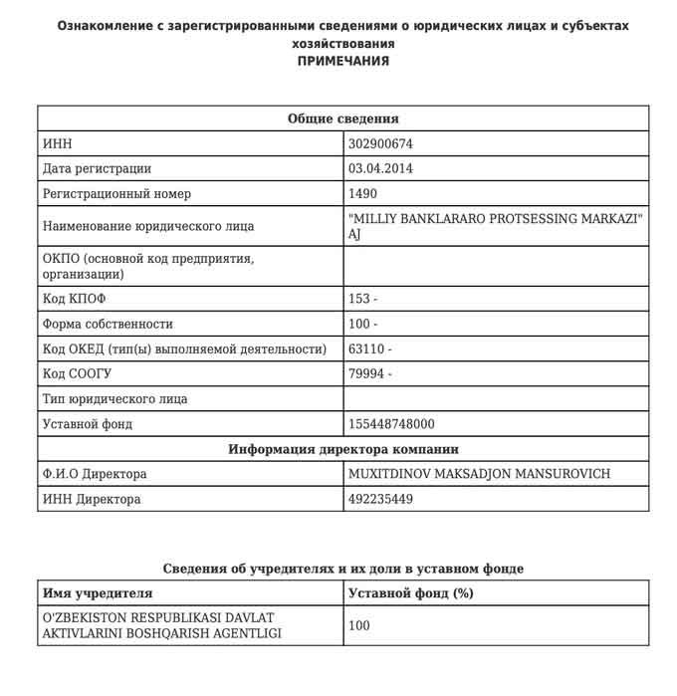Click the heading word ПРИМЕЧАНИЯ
(343, 61)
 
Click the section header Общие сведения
(343, 118)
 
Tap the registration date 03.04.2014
(380, 168)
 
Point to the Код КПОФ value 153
(363, 299)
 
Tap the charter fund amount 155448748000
(391, 424)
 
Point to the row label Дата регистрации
(98, 168)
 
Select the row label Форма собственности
(109, 324)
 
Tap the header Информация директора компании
(343, 449)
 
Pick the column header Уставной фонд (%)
(410, 593)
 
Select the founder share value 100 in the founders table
(359, 626)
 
